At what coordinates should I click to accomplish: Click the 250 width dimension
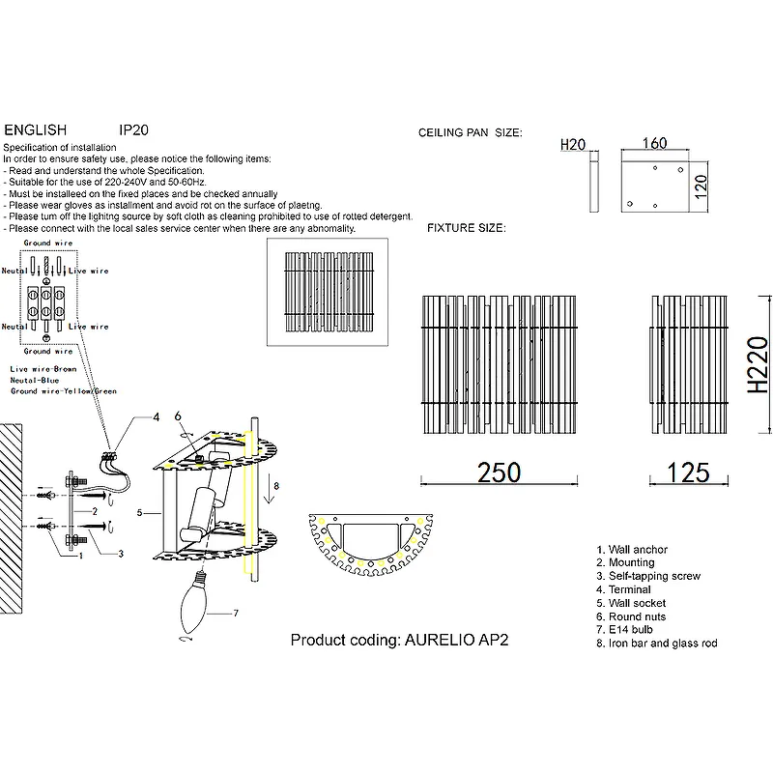pos(500,472)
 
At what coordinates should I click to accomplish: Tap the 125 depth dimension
pos(689,472)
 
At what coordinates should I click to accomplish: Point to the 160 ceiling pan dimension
pos(654,144)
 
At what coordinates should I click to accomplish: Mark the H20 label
pos(573,145)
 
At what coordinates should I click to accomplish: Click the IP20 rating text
pos(132,129)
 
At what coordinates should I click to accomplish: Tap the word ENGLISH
pos(36,129)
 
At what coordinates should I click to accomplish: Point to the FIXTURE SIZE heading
pos(467,228)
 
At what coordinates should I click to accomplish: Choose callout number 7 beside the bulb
pos(235,613)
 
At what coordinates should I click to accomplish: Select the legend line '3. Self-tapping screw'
pos(648,576)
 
